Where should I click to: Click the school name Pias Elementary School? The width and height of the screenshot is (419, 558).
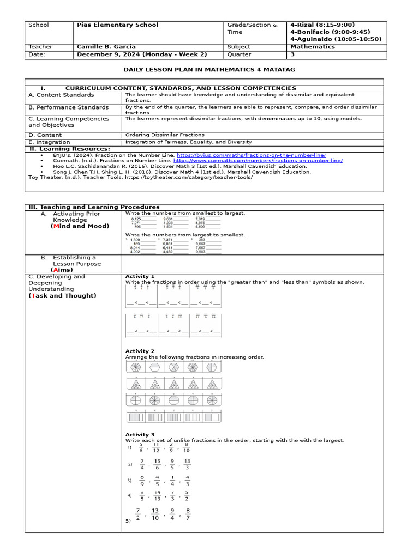click(117, 25)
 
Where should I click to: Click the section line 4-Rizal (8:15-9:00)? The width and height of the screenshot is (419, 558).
click(322, 25)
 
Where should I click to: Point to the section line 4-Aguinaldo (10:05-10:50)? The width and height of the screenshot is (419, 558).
click(335, 39)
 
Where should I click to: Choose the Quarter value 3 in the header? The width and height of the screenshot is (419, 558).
click(292, 54)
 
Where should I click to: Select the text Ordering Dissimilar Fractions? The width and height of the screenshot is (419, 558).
click(165, 135)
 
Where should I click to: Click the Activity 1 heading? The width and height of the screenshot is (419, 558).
click(140, 277)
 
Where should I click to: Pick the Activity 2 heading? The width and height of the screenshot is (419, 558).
click(140, 351)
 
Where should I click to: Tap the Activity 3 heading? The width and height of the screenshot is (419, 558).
click(140, 435)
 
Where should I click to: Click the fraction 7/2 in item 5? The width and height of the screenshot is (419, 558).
click(138, 514)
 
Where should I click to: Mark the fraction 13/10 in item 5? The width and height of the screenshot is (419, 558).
click(155, 514)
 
